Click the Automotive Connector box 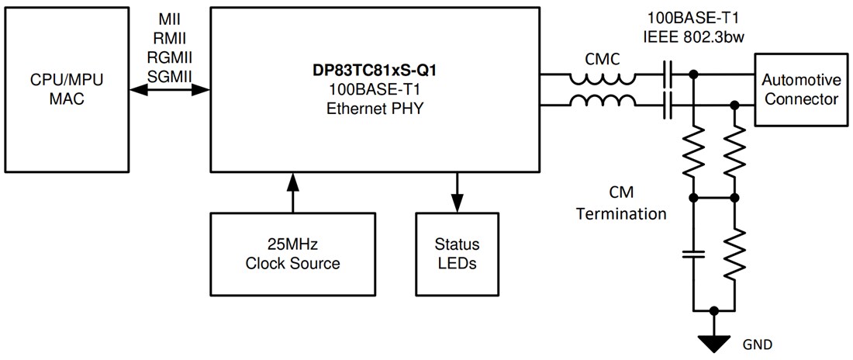point(799,89)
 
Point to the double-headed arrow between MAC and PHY point(171,90)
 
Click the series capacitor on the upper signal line point(668,75)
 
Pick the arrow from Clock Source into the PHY point(292,192)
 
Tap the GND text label point(758,344)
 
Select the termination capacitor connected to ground point(693,254)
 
